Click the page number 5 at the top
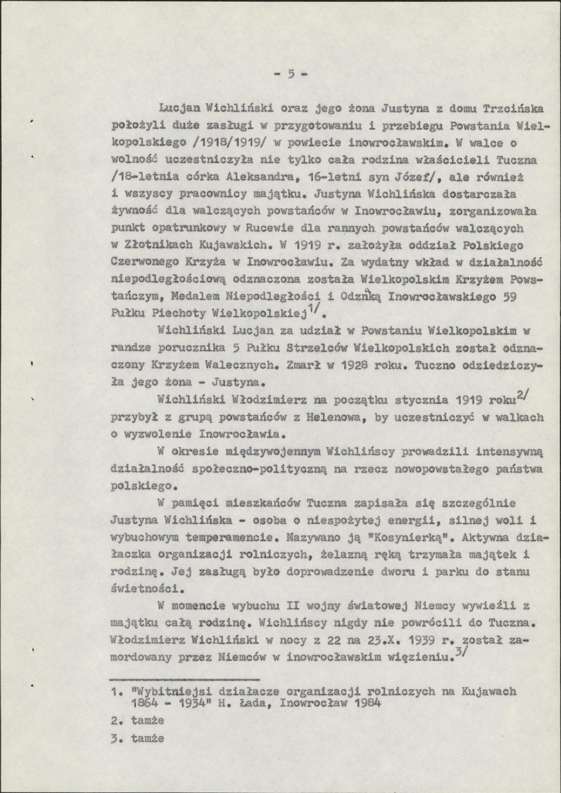click(x=290, y=74)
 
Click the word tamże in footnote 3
click(x=147, y=738)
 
